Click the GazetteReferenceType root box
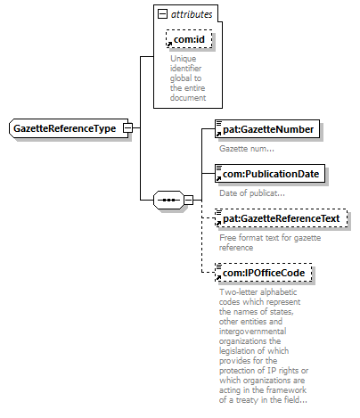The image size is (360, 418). coord(69,128)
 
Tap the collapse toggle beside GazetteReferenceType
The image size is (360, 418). coord(127,128)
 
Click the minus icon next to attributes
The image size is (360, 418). coord(162,13)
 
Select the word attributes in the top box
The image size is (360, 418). coord(192,14)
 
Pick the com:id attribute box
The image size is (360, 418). coord(189,39)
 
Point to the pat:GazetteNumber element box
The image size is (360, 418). coord(267,129)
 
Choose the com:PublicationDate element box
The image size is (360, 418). coord(270,174)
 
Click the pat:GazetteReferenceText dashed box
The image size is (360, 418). coord(281,218)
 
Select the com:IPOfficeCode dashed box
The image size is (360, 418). coord(264,273)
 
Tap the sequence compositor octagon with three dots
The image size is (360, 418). coord(168,200)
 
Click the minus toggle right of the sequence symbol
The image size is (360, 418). coord(188,200)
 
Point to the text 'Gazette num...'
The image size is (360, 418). coord(247,149)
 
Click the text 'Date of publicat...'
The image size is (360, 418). coord(252,193)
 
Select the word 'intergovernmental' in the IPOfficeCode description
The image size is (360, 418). coord(253,332)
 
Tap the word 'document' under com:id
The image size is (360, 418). coord(188,98)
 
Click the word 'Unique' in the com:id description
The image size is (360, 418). coord(183,59)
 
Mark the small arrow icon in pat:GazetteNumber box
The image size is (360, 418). coord(218,134)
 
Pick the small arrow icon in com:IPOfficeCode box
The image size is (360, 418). coord(218,277)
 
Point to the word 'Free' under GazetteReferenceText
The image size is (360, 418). coord(228,238)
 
